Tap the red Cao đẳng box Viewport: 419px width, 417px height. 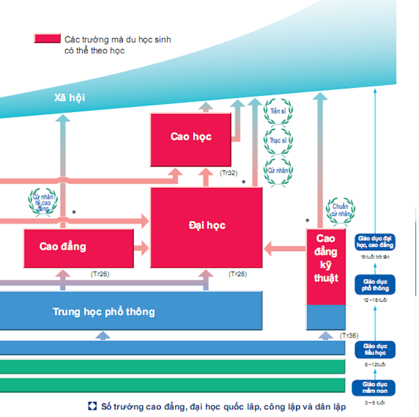click(78, 248)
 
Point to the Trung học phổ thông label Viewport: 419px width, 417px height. click(104, 311)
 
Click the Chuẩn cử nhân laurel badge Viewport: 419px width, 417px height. click(340, 210)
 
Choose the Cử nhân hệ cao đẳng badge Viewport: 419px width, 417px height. click(42, 202)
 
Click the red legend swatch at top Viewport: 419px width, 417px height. click(47, 39)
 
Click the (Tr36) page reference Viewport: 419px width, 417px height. click(349, 335)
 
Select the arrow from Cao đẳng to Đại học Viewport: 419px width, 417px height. click(142, 247)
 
